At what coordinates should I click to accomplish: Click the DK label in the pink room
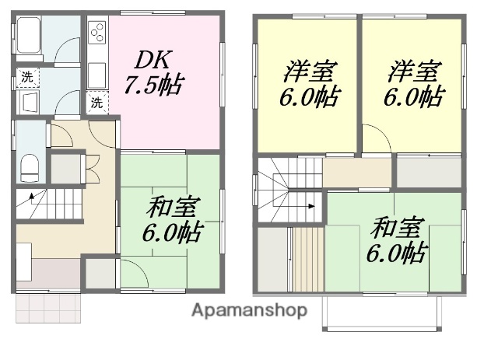pyautogui.click(x=152, y=58)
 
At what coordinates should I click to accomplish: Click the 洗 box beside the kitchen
pyautogui.click(x=97, y=101)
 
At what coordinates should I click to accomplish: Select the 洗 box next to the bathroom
pyautogui.click(x=26, y=76)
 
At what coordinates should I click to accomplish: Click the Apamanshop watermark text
pyautogui.click(x=249, y=310)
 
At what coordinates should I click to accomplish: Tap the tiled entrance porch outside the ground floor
pyautogui.click(x=47, y=308)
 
